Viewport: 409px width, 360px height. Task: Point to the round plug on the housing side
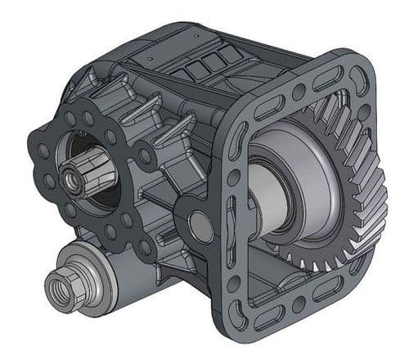tap(199, 225)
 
